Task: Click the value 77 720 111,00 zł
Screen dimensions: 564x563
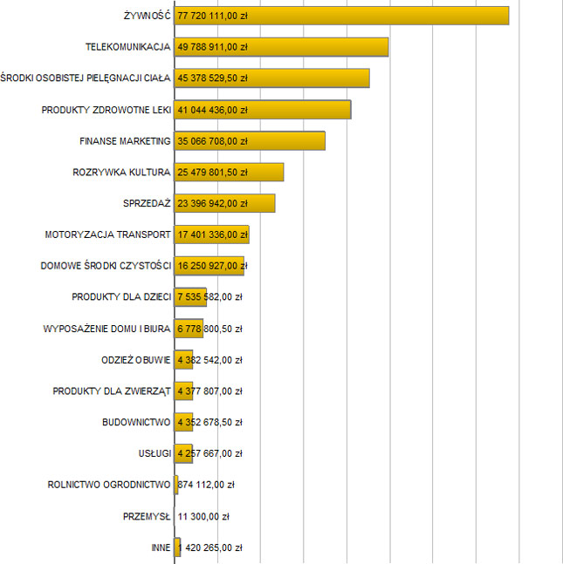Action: point(212,16)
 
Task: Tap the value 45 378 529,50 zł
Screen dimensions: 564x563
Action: point(212,78)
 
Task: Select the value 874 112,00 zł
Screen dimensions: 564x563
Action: point(206,485)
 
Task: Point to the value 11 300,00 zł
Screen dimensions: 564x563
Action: point(203,516)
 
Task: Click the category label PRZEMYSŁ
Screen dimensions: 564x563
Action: point(148,516)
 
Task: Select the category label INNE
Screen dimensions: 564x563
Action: point(161,547)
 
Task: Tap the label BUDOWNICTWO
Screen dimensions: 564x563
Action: point(135,422)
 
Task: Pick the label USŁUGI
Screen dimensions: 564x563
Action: point(154,453)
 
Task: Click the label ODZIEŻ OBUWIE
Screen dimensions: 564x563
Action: point(135,359)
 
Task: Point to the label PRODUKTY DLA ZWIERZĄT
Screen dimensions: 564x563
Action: point(111,391)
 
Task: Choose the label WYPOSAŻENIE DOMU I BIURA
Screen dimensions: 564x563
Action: point(106,329)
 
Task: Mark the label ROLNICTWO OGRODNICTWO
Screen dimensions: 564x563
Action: point(108,485)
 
